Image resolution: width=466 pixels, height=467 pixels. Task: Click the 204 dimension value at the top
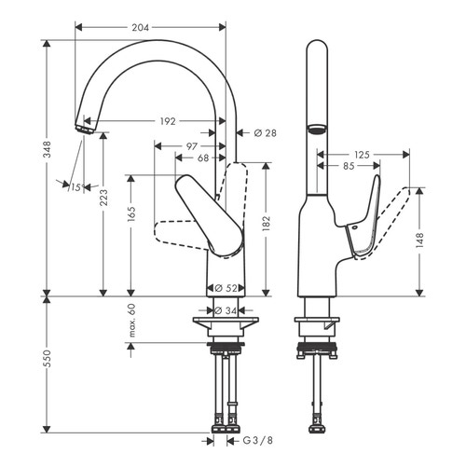point(140,28)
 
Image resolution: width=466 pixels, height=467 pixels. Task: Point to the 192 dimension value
point(167,120)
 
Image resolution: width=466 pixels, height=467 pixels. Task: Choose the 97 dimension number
point(191,145)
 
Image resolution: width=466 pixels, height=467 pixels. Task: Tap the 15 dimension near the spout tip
point(76,187)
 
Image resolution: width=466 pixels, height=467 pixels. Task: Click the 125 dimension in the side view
point(363,155)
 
